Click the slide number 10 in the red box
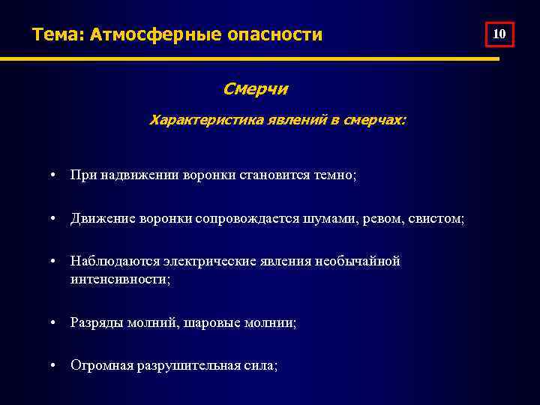pyautogui.click(x=500, y=34)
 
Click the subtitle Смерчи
pyautogui.click(x=255, y=89)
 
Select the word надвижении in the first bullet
pyautogui.click(x=136, y=175)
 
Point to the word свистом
pyautogui.click(x=438, y=218)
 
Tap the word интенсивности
pyautogui.click(x=120, y=279)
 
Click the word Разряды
pyautogui.click(x=94, y=322)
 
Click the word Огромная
pyautogui.click(x=100, y=366)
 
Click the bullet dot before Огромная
pyautogui.click(x=55, y=366)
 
